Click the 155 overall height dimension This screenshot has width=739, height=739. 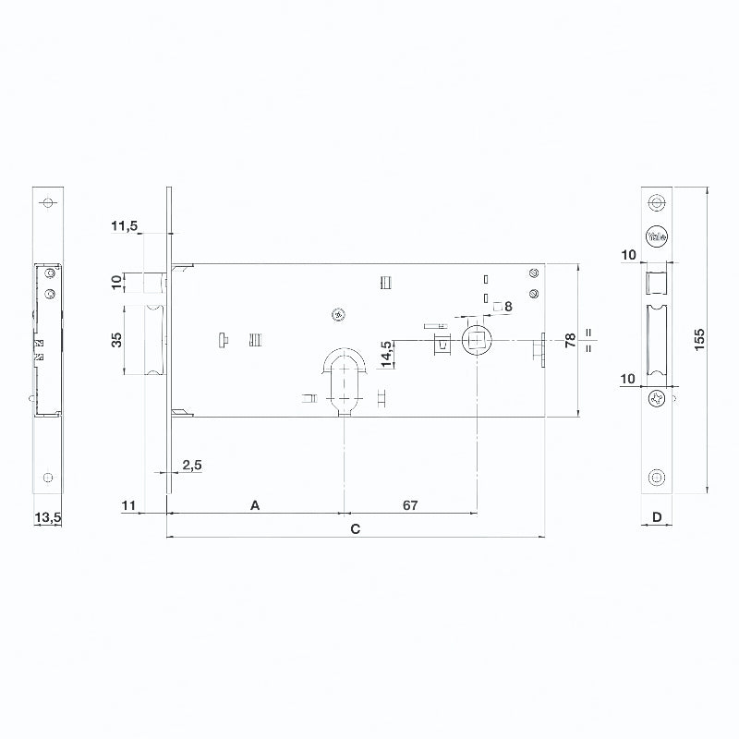click(x=700, y=339)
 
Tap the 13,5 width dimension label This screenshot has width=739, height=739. click(x=48, y=517)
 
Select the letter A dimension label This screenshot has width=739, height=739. click(x=255, y=505)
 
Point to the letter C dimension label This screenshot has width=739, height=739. click(x=356, y=528)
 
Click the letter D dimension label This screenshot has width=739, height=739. click(x=657, y=517)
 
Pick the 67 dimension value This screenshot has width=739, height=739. click(x=410, y=505)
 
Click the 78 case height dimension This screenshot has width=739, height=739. click(x=571, y=340)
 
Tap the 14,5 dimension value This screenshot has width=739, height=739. click(x=386, y=354)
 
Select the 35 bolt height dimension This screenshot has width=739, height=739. click(x=116, y=340)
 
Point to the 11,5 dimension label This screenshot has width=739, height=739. click(x=125, y=225)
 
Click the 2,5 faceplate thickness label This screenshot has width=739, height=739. click(x=192, y=466)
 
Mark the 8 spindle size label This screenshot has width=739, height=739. click(x=508, y=307)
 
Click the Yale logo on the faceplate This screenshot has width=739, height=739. click(x=657, y=236)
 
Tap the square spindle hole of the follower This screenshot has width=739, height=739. click(x=477, y=340)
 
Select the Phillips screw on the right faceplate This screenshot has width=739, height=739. click(x=657, y=400)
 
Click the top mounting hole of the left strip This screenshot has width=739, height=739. click(x=48, y=202)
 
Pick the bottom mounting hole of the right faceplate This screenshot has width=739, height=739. click(x=657, y=478)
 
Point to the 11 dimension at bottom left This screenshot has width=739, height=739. click(x=128, y=505)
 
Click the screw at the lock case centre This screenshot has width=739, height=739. click(x=338, y=314)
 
